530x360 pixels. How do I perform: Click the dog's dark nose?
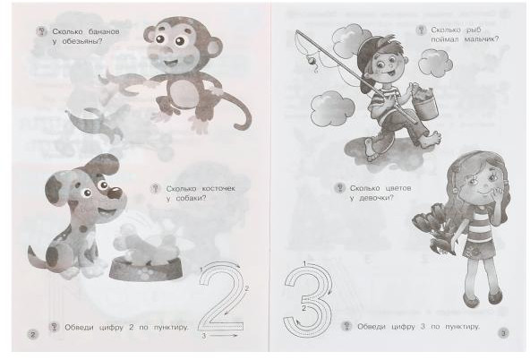(x=115, y=193)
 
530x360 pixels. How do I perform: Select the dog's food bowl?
(x=146, y=268)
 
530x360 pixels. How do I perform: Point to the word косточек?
(x=218, y=189)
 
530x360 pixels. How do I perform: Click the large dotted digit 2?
(x=221, y=296)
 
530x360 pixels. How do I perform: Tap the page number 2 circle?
(x=33, y=335)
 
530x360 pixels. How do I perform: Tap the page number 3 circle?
(x=503, y=333)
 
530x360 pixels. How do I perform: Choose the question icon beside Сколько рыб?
(x=421, y=30)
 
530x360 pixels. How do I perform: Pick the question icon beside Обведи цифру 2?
(x=54, y=327)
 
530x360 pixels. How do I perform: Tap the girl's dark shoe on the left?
(x=471, y=300)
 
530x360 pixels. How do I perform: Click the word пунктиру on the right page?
(x=462, y=327)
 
